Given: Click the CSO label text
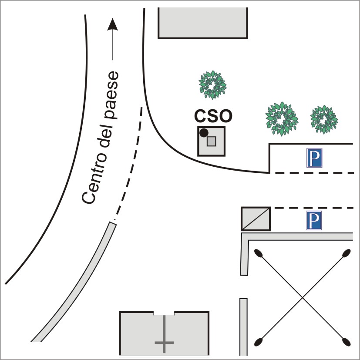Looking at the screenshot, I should pyautogui.click(x=213, y=116).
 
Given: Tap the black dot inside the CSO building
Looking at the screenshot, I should pyautogui.click(x=203, y=132).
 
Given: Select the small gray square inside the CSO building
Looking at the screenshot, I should pyautogui.click(x=212, y=141).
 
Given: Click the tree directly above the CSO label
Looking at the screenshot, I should pyautogui.click(x=213, y=85).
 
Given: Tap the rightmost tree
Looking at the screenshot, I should pyautogui.click(x=323, y=119).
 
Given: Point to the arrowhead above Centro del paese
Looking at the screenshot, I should pyautogui.click(x=113, y=24).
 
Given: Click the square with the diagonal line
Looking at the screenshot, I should pyautogui.click(x=256, y=219).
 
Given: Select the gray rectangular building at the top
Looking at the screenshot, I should pyautogui.click(x=203, y=23).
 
